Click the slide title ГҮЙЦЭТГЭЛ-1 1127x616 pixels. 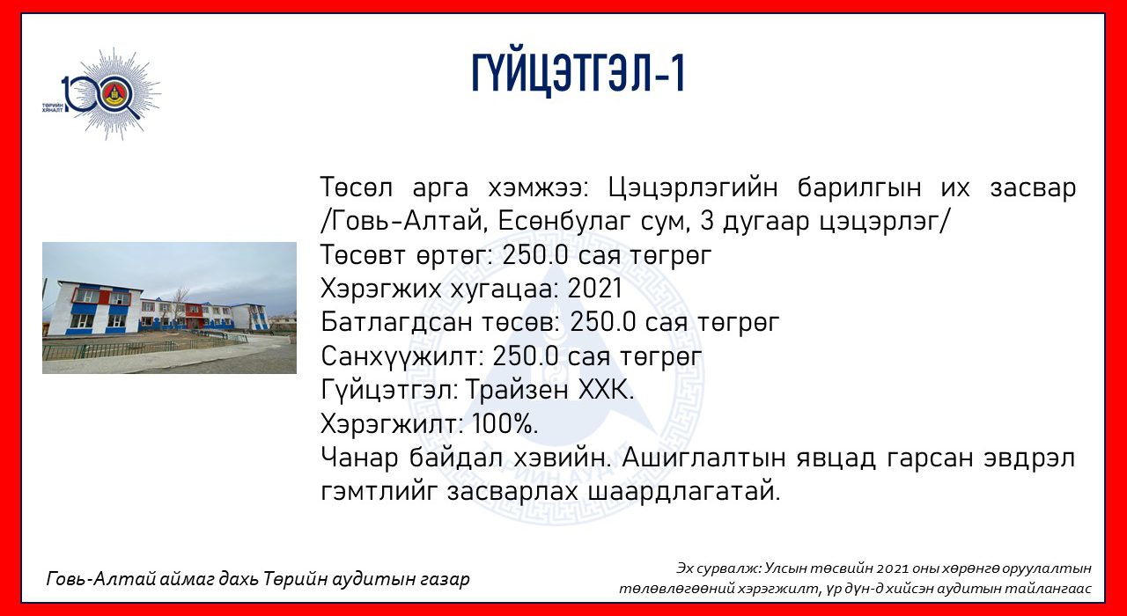pyautogui.click(x=578, y=74)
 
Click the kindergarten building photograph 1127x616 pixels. pyautogui.click(x=170, y=308)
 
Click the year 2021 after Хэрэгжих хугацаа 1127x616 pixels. pyautogui.click(x=595, y=289)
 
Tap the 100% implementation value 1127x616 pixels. pyautogui.click(x=505, y=424)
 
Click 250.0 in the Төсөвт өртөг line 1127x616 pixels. pyautogui.click(x=536, y=255)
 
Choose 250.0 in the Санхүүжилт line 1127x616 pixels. pyautogui.click(x=526, y=356)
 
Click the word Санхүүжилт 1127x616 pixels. pyautogui.click(x=402, y=357)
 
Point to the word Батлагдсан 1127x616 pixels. pyautogui.click(x=397, y=323)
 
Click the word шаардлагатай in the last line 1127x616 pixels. pyautogui.click(x=684, y=492)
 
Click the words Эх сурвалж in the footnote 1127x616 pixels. pyautogui.click(x=718, y=568)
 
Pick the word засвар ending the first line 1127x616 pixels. pyautogui.click(x=1033, y=188)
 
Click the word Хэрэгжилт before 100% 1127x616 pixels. pyautogui.click(x=392, y=425)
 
